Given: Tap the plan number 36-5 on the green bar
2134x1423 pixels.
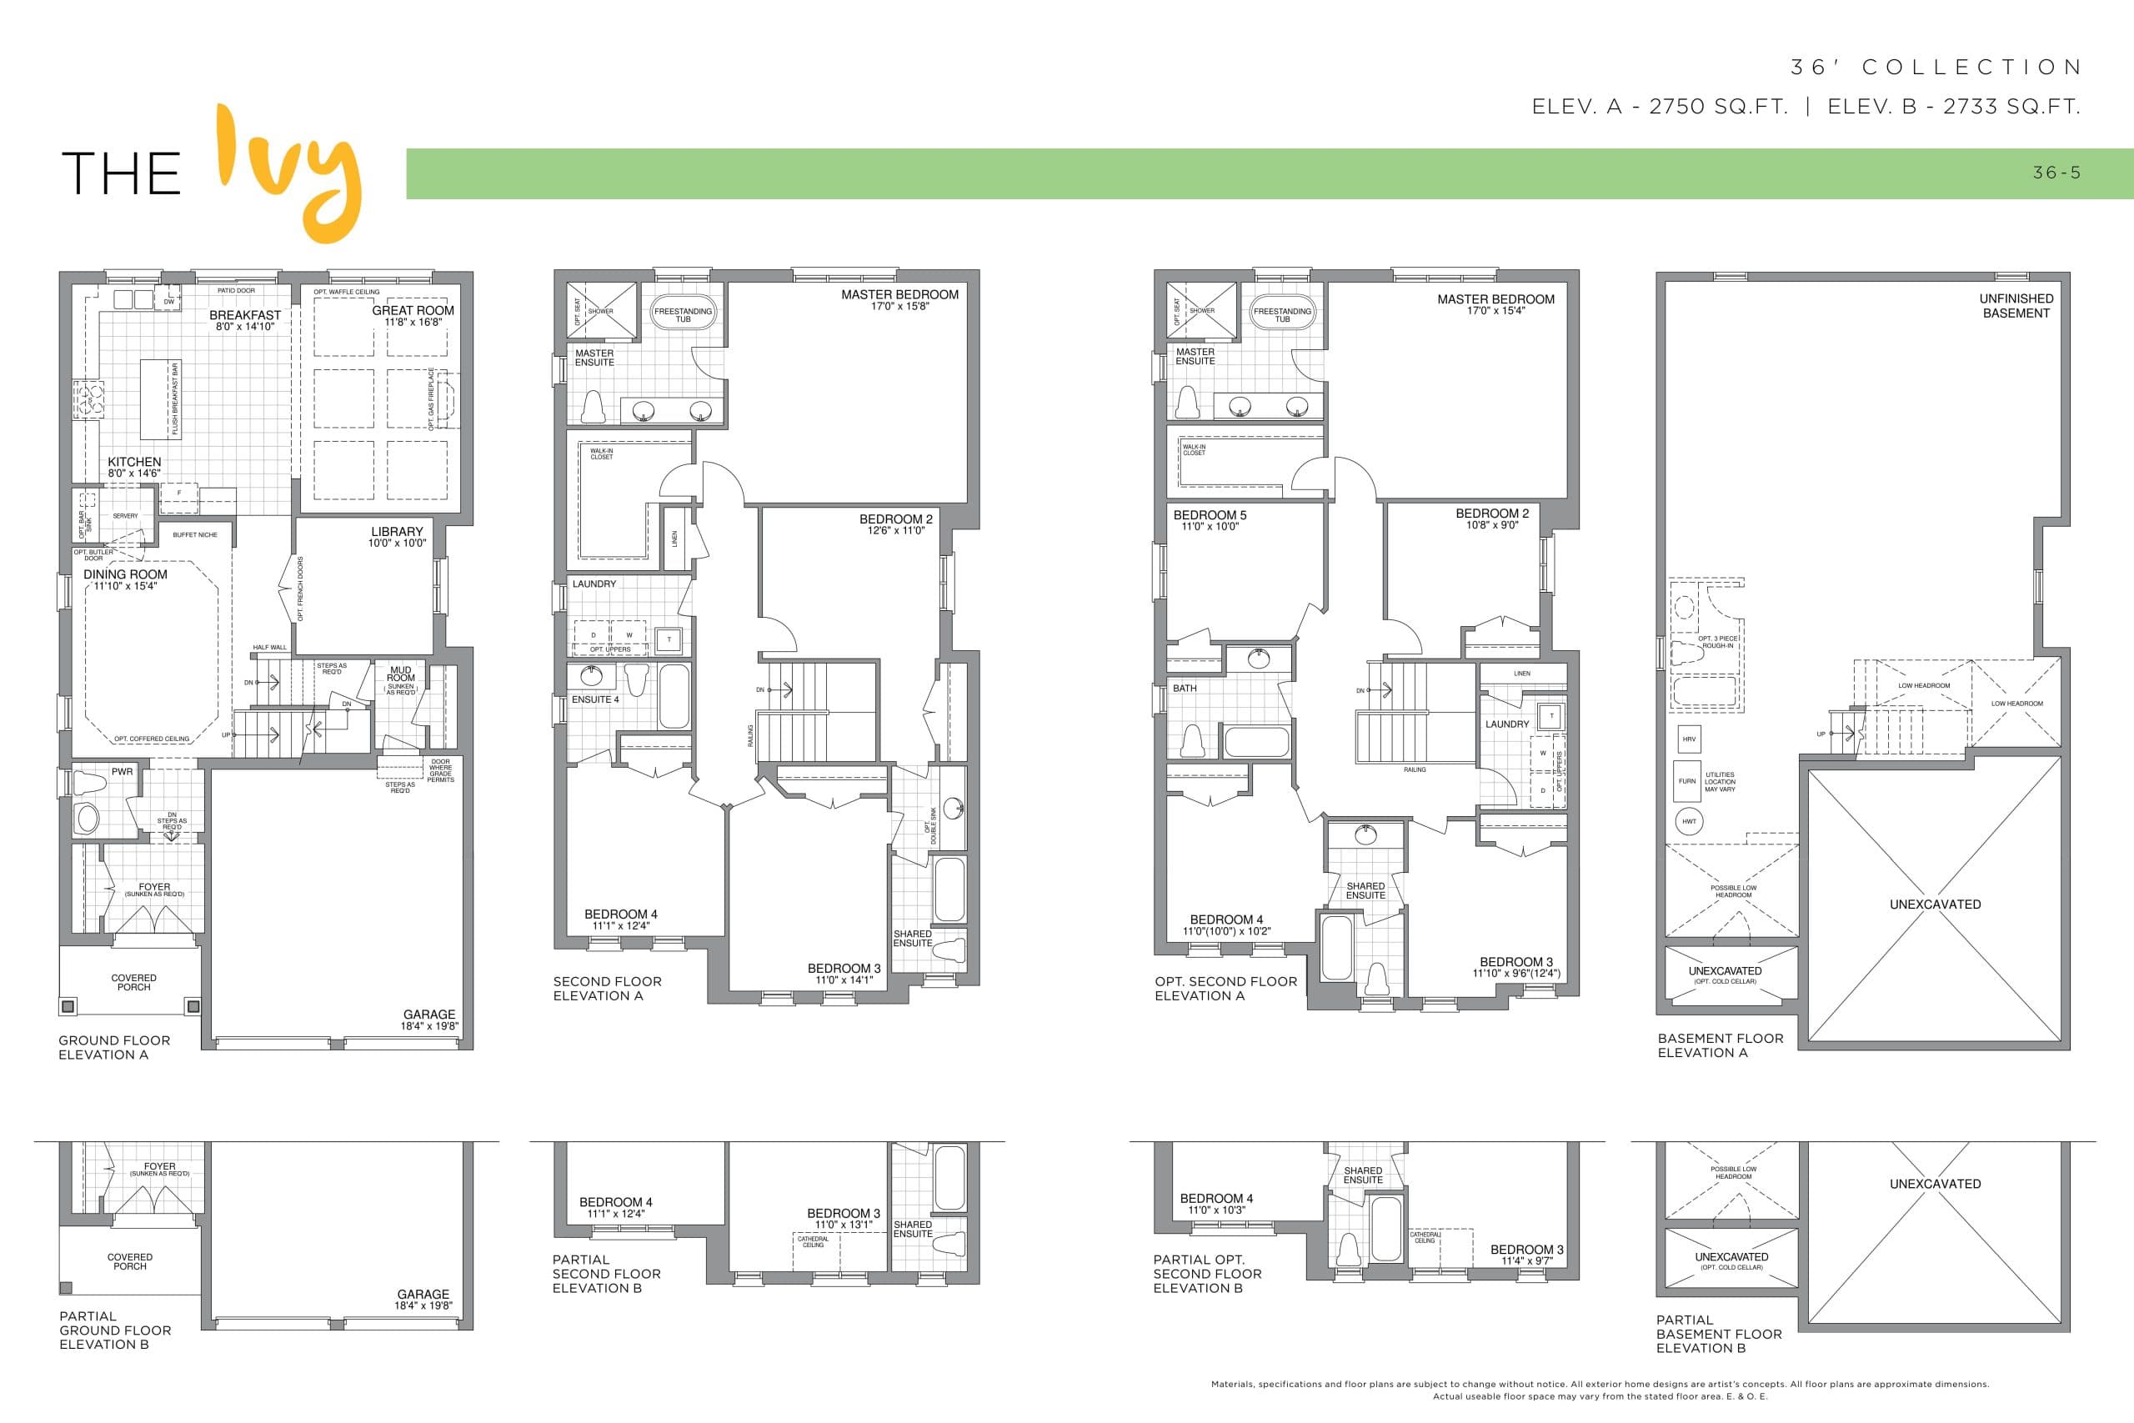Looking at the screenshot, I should [x=2056, y=173].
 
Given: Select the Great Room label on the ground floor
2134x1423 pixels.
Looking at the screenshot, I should [x=413, y=310].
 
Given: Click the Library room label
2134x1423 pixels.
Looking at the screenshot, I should [x=397, y=532].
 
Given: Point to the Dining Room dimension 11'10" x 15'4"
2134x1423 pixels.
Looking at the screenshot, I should [x=125, y=586].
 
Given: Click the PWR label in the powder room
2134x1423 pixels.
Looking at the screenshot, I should [x=122, y=772].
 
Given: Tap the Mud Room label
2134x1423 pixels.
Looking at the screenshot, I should [x=401, y=674].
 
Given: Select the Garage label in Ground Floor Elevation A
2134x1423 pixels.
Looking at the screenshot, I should [x=429, y=1015].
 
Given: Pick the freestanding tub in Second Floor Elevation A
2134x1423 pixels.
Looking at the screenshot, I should [x=684, y=314].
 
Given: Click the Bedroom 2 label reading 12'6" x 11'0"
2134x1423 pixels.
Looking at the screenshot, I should [x=895, y=524].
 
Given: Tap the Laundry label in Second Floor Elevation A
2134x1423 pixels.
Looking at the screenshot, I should [x=594, y=584].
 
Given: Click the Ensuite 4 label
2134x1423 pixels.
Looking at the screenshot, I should [x=595, y=699].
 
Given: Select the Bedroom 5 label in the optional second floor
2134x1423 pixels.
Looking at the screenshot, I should [x=1210, y=515].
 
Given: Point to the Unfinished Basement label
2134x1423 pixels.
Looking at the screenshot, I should [x=2015, y=306].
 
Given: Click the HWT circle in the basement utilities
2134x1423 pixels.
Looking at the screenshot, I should [x=1689, y=821].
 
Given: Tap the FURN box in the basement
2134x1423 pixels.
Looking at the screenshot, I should [x=1686, y=781].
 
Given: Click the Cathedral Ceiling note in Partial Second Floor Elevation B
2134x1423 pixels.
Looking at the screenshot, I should [x=813, y=1241].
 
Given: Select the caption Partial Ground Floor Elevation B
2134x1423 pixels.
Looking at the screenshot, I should [x=115, y=1330].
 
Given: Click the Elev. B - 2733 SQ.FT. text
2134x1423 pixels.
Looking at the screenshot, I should [x=1952, y=107].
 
